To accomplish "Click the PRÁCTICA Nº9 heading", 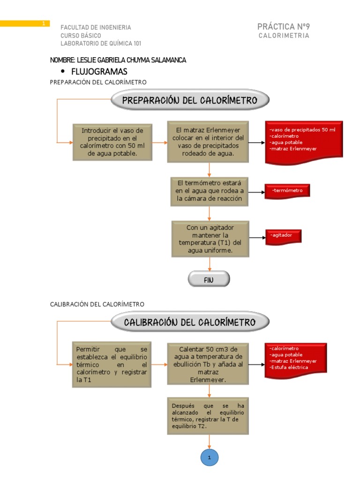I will pyautogui.click(x=283, y=27).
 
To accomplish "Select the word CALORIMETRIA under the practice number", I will pyautogui.click(x=284, y=36).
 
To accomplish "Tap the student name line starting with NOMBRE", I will pyautogui.click(x=118, y=60).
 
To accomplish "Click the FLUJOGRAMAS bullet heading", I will pyautogui.click(x=99, y=71).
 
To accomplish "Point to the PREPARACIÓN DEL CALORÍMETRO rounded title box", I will pyautogui.click(x=190, y=100).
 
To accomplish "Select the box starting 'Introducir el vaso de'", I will pyautogui.click(x=112, y=142).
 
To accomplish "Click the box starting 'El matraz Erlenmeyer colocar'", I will pyautogui.click(x=208, y=142).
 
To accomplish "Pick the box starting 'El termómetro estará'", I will pyautogui.click(x=209, y=191).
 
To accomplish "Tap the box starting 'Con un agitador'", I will pyautogui.click(x=210, y=239).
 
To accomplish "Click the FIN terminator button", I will pyautogui.click(x=209, y=280).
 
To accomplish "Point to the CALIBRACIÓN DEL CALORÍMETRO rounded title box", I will pyautogui.click(x=190, y=322).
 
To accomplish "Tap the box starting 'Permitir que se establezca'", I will pyautogui.click(x=112, y=365).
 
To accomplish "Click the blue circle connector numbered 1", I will pyautogui.click(x=210, y=457).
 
